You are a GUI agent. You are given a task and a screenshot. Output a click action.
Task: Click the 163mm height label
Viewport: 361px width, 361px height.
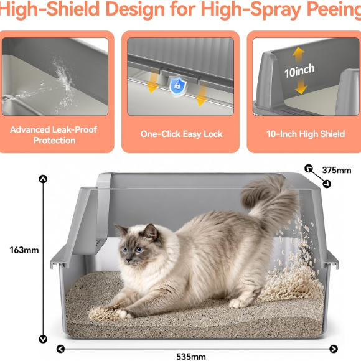(24, 250)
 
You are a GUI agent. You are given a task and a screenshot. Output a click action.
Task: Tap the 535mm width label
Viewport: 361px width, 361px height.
(191, 357)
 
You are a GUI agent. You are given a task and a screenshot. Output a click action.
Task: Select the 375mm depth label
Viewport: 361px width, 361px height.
(337, 170)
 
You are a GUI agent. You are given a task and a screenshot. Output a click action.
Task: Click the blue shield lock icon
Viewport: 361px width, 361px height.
(177, 85)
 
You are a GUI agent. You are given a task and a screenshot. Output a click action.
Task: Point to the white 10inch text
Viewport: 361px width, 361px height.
(299, 71)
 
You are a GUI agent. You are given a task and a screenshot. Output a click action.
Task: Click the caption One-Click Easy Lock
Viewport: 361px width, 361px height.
(181, 134)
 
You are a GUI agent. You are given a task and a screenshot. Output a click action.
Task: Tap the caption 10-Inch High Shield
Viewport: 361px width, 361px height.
(306, 134)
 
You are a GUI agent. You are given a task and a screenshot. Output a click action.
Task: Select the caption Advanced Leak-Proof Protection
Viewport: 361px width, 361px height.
(54, 135)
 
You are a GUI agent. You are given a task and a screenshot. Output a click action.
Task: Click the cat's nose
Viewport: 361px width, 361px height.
(128, 260)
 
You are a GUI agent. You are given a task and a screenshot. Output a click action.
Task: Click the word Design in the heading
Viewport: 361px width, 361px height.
(135, 9)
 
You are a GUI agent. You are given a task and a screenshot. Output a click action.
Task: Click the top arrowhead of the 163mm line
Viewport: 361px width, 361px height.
(43, 179)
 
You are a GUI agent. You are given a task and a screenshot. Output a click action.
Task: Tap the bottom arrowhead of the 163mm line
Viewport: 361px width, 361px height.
(43, 339)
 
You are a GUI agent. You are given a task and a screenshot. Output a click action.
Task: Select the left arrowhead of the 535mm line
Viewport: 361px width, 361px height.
(60, 349)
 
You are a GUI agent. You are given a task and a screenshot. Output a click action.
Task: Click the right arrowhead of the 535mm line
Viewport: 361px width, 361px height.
(334, 349)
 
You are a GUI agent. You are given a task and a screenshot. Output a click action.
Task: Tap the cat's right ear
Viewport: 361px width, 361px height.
(151, 231)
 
